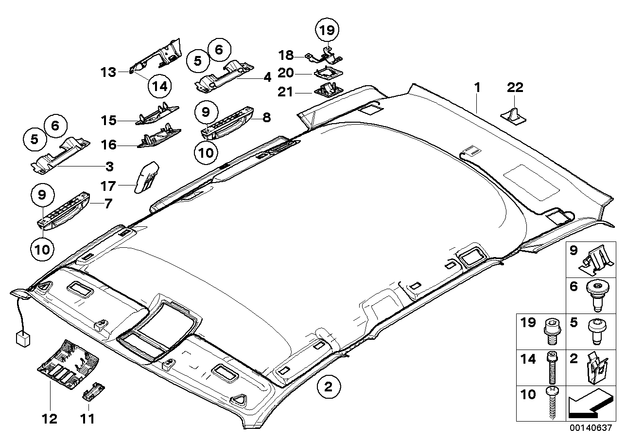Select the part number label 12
click(50, 418)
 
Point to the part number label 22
click(515, 88)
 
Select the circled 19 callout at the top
click(327, 30)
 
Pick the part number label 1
click(477, 88)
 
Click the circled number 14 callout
click(160, 86)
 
